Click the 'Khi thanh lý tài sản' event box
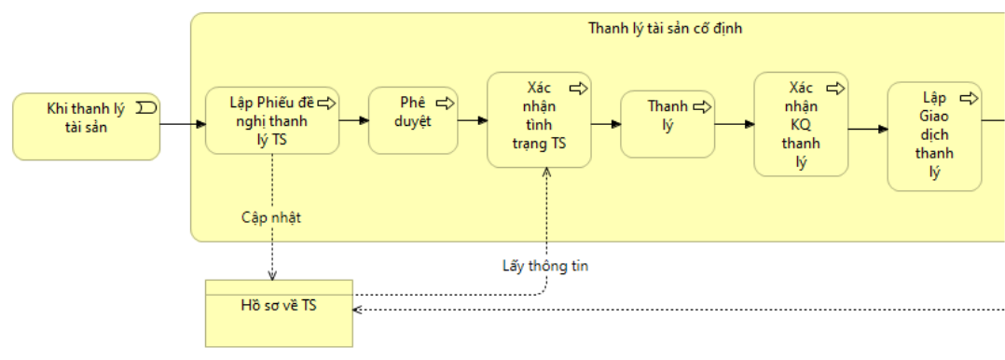point(86,127)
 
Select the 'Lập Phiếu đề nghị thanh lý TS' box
point(272,120)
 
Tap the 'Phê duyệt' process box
point(413,120)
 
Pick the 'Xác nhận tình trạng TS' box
point(539,120)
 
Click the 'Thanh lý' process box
point(668,124)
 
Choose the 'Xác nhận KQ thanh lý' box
point(801,124)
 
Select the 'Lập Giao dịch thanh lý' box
point(934,136)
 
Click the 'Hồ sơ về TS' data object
point(279,313)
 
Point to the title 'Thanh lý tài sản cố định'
point(666,28)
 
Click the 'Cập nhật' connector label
point(271,217)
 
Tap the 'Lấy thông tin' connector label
point(544,267)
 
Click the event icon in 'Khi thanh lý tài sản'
point(146,107)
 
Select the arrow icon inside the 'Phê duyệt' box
point(446,103)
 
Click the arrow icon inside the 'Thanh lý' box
point(702,106)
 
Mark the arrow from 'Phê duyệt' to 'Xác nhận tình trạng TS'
point(473,120)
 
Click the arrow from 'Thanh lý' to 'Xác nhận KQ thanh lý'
point(734,124)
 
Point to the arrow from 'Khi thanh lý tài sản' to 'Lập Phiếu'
point(183,123)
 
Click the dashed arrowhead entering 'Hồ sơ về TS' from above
point(272,275)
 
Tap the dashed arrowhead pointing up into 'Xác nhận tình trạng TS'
point(546,173)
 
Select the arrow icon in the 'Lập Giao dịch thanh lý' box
point(970,98)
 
